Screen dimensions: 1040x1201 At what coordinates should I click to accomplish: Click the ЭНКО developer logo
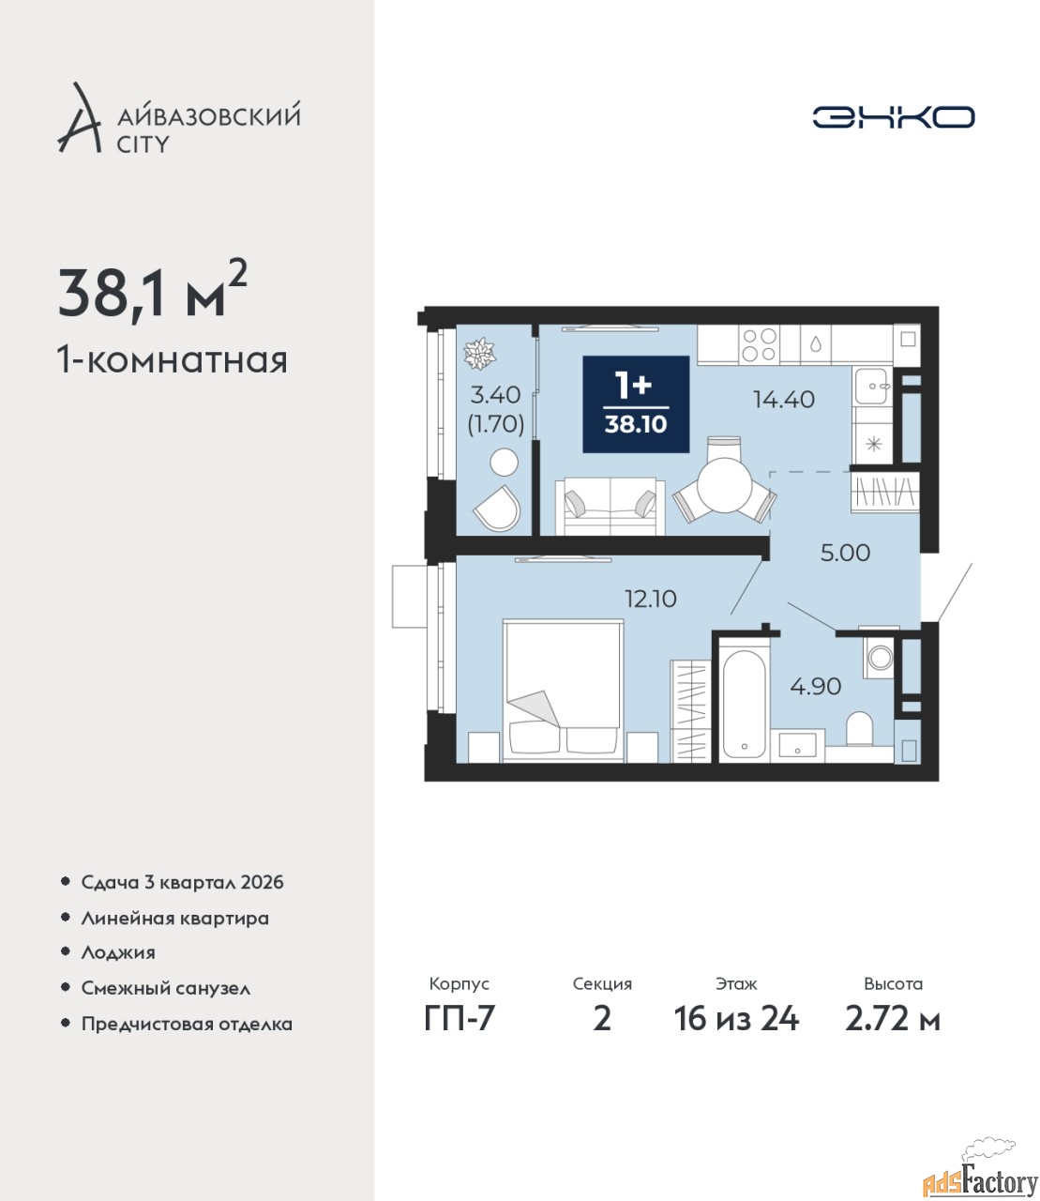pos(893,116)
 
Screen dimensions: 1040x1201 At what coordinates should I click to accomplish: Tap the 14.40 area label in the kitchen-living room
pos(784,399)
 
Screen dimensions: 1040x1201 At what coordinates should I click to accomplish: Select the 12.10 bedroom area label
pos(651,599)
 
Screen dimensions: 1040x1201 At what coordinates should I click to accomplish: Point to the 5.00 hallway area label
pos(845,553)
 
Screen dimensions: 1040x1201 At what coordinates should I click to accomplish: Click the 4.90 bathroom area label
pos(815,686)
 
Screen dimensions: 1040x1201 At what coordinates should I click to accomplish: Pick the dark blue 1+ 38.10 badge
pos(636,403)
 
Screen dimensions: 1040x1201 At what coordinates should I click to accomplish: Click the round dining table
pos(725,484)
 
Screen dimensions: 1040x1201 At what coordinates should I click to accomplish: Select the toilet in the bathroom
pos(859,728)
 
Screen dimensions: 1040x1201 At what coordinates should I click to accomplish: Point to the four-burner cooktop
pos(761,344)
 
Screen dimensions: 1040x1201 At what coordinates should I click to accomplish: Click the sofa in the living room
pos(610,507)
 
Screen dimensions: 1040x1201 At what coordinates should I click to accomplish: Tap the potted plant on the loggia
pos(479,354)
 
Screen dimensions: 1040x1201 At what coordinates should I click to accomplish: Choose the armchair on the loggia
pos(497,508)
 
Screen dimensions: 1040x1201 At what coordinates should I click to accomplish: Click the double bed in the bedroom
pos(563,691)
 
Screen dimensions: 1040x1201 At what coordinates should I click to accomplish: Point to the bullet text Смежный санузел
pos(165,988)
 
